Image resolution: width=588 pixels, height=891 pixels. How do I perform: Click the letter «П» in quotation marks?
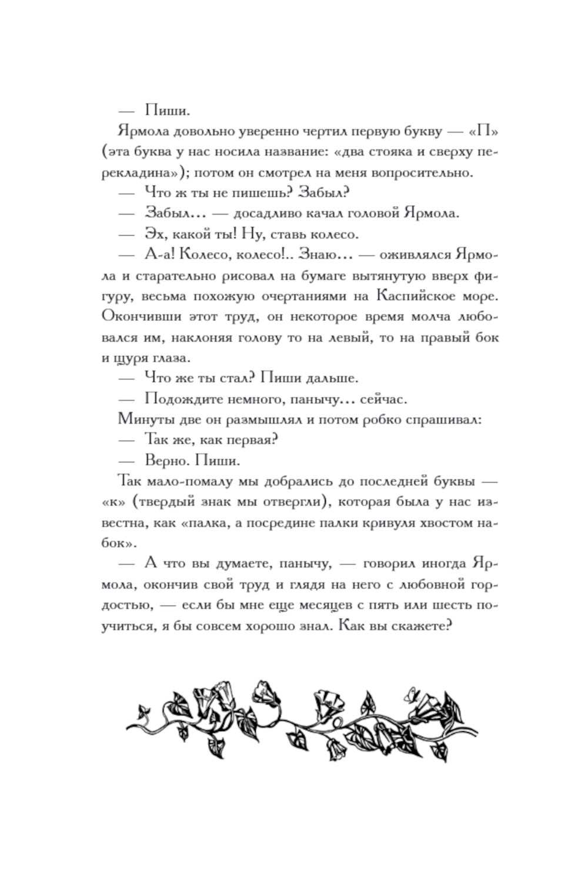(x=482, y=131)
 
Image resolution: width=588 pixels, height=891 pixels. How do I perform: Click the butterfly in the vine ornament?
(x=410, y=696)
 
